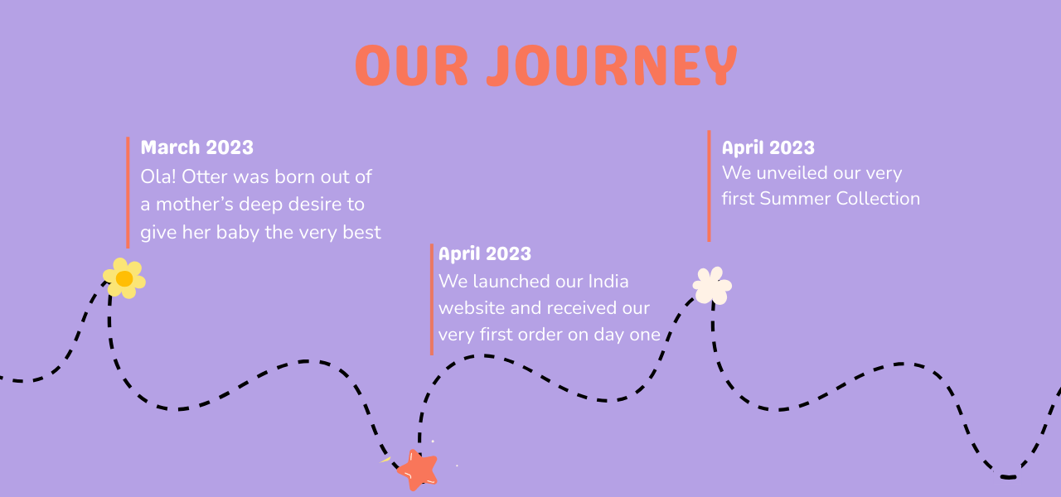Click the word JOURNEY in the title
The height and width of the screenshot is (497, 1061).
612,65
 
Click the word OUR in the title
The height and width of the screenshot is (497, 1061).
412,65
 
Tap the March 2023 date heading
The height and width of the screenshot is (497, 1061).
197,147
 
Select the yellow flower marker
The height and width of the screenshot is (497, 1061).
124,278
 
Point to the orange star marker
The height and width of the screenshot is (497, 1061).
417,470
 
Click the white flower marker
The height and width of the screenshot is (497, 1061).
712,286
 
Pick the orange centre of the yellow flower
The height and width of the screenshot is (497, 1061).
124,279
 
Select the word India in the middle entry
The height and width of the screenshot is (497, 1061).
608,281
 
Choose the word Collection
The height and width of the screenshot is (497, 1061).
878,199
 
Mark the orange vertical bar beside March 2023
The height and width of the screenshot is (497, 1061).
128,193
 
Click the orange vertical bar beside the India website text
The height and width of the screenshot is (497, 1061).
432,299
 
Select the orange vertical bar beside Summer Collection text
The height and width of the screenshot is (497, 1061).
709,186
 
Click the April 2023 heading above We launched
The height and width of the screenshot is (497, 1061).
485,254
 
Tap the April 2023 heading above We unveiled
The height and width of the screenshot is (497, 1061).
768,148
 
